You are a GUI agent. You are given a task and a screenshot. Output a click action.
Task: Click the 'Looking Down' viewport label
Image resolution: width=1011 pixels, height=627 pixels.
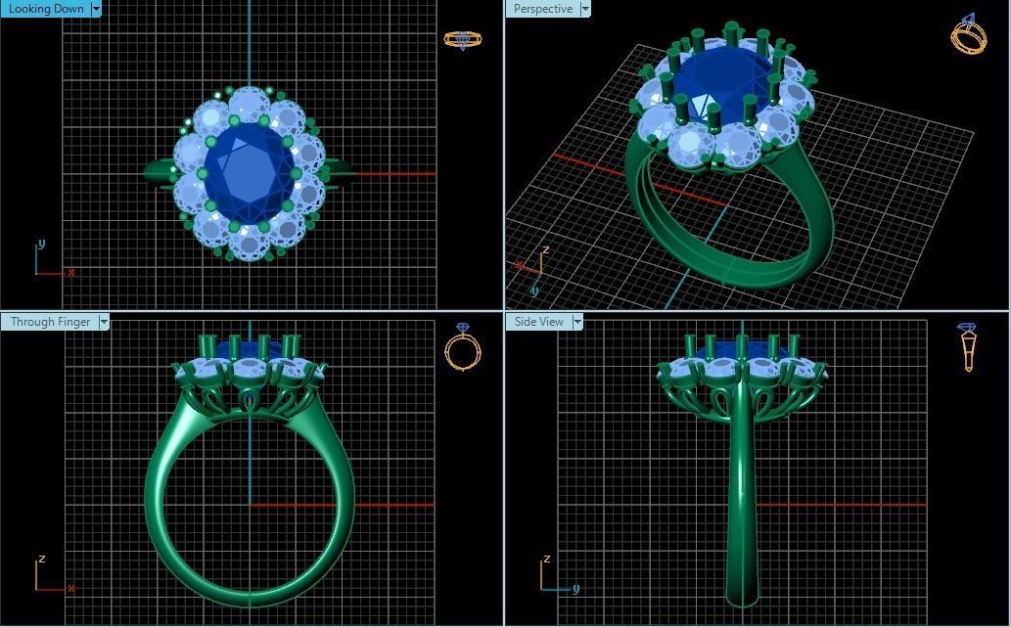[46, 9]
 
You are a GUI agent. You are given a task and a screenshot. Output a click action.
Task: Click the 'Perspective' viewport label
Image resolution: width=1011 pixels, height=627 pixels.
[542, 9]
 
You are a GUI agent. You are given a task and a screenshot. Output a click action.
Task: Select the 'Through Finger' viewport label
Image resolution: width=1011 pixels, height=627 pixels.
[50, 322]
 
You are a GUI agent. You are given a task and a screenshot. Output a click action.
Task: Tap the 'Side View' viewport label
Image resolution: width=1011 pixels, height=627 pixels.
[539, 322]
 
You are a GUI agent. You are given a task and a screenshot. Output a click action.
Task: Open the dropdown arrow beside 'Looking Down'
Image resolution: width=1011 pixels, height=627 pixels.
[96, 9]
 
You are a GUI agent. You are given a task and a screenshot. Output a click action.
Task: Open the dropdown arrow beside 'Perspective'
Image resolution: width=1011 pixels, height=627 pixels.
[585, 9]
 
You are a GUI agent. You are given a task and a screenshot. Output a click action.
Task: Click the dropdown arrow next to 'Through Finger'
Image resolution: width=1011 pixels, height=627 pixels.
[104, 322]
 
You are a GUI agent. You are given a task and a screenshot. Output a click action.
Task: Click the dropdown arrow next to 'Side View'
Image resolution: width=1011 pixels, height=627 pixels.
[577, 322]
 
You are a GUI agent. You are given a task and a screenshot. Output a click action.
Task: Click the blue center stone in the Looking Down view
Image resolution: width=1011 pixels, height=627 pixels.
[249, 170]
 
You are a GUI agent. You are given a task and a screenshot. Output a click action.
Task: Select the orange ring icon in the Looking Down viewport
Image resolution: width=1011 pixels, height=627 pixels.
[462, 39]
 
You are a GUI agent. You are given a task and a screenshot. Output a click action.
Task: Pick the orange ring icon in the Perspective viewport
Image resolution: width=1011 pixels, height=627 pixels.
[968, 35]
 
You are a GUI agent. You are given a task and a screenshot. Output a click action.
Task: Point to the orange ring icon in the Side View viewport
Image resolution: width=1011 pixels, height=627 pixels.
[968, 347]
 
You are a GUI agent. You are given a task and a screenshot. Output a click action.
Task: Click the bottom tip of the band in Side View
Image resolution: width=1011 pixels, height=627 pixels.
[742, 599]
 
